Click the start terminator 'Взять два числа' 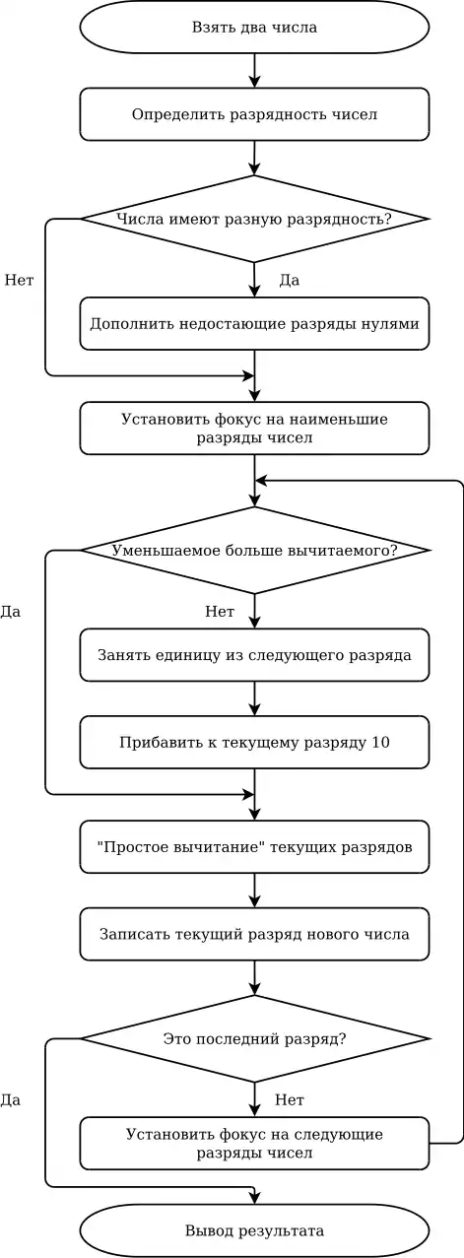click(254, 27)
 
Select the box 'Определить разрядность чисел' click(254, 114)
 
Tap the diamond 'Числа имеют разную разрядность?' click(254, 219)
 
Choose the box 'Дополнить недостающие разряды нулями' click(254, 324)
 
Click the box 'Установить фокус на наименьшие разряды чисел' click(254, 428)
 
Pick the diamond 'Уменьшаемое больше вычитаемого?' click(254, 551)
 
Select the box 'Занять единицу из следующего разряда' click(254, 655)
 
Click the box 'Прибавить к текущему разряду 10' click(254, 742)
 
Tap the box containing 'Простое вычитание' click(254, 847)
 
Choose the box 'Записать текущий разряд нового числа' click(254, 934)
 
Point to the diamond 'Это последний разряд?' click(254, 1039)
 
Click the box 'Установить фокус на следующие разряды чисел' click(254, 1144)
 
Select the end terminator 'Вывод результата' click(254, 1231)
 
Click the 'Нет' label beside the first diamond click(19, 280)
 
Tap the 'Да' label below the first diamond click(290, 280)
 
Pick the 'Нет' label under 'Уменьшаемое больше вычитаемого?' click(220, 611)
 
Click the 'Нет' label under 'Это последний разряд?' click(290, 1099)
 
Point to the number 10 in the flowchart click(380, 743)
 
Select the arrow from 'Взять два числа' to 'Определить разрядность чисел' click(254, 71)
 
